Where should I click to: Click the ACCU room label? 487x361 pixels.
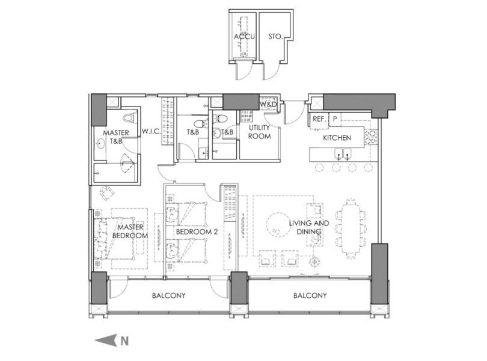point(244,37)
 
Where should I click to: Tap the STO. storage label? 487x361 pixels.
point(275,37)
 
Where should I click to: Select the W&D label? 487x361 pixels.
point(268,105)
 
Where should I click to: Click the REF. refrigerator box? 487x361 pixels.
point(319,119)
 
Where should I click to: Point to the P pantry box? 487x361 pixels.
point(335,119)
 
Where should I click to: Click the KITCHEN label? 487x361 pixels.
point(337,138)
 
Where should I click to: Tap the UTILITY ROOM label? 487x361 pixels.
point(259,132)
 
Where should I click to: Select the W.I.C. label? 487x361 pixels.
point(152,132)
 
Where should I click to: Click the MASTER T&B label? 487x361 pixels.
point(116,137)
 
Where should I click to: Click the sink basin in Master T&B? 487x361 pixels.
point(101,144)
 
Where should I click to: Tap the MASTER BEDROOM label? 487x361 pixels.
point(130,231)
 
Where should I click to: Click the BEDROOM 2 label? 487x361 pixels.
point(197,232)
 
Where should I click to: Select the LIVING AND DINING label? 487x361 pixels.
point(308,227)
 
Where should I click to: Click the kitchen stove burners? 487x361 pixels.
point(370,137)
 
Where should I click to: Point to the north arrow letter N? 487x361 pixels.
point(124,341)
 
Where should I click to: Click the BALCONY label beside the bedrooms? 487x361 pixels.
point(169,295)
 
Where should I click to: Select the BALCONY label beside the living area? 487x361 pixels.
point(310,295)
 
